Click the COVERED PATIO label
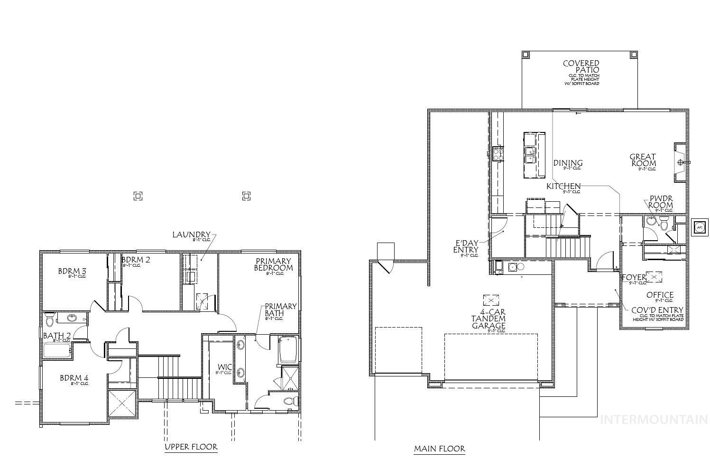coord(581,66)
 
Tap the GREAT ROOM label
coord(643,160)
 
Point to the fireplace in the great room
coord(680,162)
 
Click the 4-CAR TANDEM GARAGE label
coord(488,319)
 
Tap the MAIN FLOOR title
coord(439,449)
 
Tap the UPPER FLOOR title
coord(191,447)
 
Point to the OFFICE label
coord(660,295)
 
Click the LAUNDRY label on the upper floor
coord(191,234)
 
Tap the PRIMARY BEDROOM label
coord(274,264)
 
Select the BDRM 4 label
coord(74,378)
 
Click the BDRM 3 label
coord(72,272)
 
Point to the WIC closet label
coord(224,367)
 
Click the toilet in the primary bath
coord(290,402)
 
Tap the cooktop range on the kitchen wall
coord(498,153)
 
